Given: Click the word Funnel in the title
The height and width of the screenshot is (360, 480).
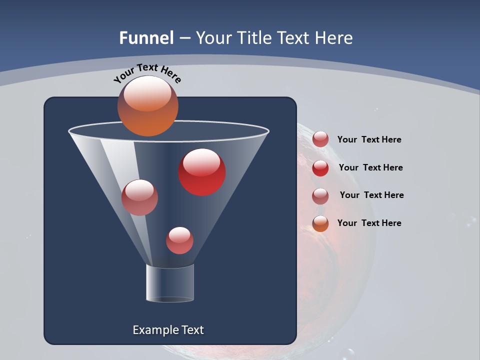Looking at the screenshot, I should pos(146,38).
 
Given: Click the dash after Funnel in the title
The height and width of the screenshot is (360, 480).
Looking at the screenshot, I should pos(184,38).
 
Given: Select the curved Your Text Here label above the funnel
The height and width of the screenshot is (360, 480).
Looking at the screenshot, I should pos(147,73).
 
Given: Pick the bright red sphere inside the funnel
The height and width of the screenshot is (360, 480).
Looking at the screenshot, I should pos(202,173).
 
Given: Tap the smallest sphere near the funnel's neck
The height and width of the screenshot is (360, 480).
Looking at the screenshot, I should pos(179,240).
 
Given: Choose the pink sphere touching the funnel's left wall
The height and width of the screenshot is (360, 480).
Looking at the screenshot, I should pos(139,197).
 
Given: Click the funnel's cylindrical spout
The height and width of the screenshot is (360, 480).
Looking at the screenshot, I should pos(170,283).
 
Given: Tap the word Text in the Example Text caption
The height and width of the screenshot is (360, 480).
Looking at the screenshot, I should pos(191,330).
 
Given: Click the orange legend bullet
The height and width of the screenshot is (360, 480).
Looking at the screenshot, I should pos(320,223).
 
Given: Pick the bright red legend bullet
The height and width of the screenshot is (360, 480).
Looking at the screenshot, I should pos(320,168).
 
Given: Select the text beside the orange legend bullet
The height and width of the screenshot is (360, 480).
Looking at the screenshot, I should pos(369,223).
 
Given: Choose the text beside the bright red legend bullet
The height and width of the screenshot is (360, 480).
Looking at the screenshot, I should pos(370,167).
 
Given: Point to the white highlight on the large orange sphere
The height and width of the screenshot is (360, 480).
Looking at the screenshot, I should pos(147,93).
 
